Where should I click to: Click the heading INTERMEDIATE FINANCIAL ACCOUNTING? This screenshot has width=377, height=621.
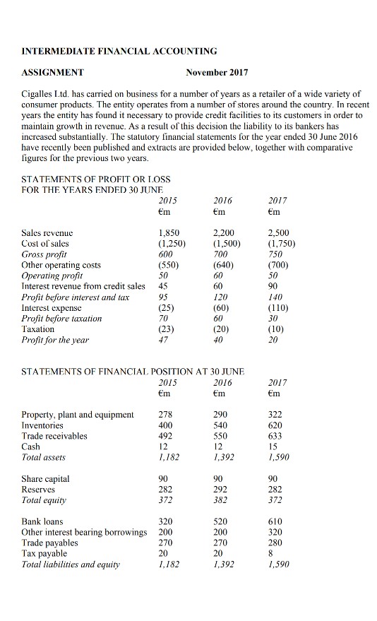[120, 51]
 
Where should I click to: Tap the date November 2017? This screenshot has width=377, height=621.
[217, 72]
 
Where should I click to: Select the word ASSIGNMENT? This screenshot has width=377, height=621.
[53, 72]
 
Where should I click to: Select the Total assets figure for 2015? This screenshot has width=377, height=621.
[169, 458]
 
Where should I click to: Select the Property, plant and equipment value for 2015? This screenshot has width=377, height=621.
[167, 414]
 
